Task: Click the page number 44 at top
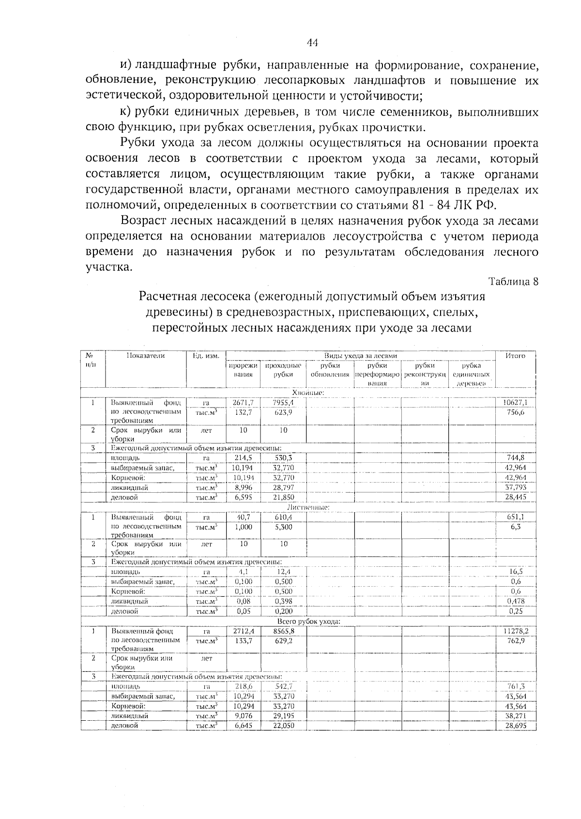(312, 43)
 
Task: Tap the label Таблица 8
(514, 282)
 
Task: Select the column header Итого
(515, 356)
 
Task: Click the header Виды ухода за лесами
(360, 356)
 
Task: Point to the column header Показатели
(145, 356)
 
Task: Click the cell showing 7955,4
(283, 402)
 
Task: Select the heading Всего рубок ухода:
(308, 622)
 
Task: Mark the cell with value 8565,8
(284, 631)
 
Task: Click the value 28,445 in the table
(515, 497)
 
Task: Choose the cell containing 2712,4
(244, 631)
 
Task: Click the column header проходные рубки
(283, 370)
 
